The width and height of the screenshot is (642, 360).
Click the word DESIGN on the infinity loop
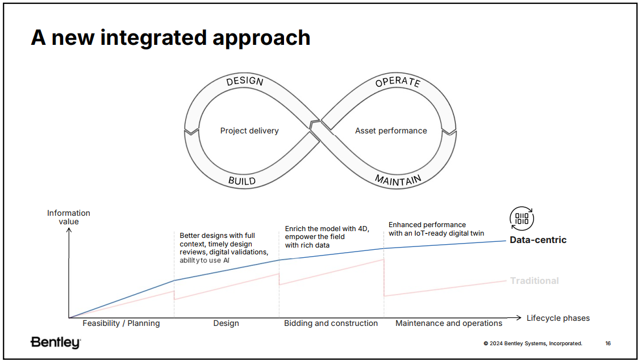tap(245, 81)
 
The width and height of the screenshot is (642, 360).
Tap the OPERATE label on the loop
tap(398, 82)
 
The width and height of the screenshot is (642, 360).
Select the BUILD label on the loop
tap(242, 181)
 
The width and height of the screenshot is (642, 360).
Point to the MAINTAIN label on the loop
tap(398, 180)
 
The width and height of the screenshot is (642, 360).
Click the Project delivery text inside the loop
tap(249, 131)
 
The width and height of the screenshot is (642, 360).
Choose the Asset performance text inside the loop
tap(391, 131)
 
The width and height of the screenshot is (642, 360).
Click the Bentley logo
tap(56, 342)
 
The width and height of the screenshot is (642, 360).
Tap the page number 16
tap(608, 343)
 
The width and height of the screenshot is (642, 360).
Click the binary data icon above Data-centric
tap(522, 219)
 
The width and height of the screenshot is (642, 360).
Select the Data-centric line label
tap(538, 240)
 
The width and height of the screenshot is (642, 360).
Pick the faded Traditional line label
tap(534, 281)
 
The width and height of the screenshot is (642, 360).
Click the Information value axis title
tap(68, 217)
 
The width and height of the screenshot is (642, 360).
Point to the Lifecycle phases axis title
tap(558, 318)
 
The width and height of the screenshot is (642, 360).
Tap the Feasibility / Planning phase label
tap(121, 323)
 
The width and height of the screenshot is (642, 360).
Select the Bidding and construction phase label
tap(331, 323)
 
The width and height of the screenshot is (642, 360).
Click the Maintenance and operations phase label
tap(449, 323)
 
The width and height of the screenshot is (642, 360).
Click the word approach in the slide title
tap(261, 38)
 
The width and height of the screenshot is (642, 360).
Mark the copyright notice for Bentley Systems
tap(533, 343)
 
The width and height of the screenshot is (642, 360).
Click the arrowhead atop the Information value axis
tap(69, 231)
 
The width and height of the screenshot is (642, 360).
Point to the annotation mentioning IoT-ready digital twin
tap(436, 229)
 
